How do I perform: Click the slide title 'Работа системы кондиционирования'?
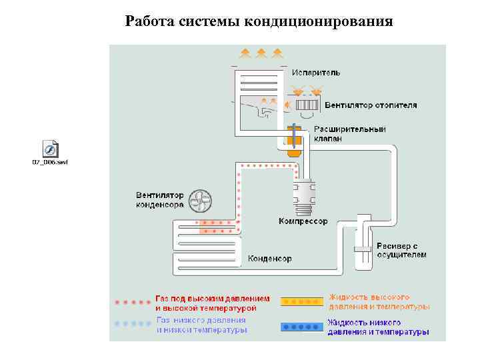(259, 22)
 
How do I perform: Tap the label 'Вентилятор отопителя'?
(371, 105)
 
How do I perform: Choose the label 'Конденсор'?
(270, 259)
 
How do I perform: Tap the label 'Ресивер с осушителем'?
(401, 251)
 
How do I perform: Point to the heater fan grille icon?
(307, 105)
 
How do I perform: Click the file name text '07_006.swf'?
(51, 162)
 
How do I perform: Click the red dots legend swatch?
(133, 302)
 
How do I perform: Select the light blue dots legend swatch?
(133, 323)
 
